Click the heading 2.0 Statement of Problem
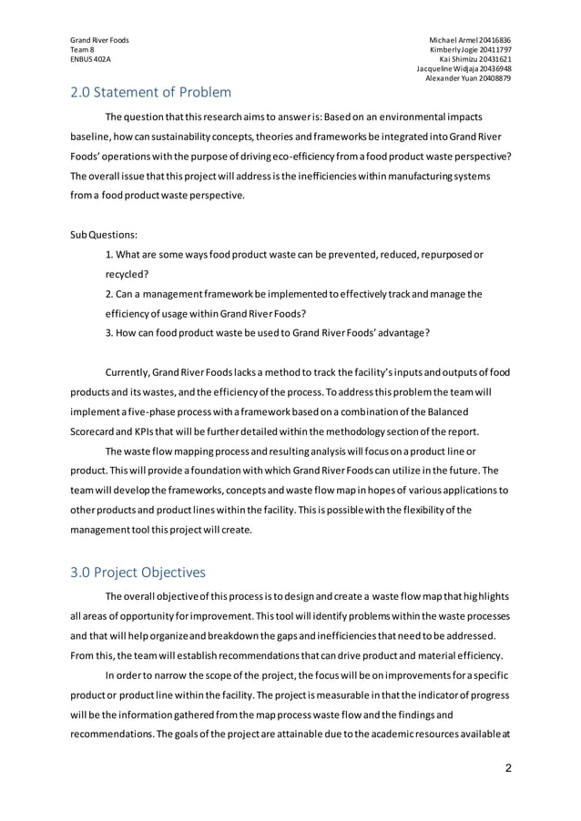pos(151,92)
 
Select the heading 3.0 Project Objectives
pos(138,573)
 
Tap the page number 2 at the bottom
pos(507,768)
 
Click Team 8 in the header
pos(84,49)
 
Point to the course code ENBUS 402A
pos(91,58)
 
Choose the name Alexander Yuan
pos(452,77)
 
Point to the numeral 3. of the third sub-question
pos(109,332)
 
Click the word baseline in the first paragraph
pos(90,137)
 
